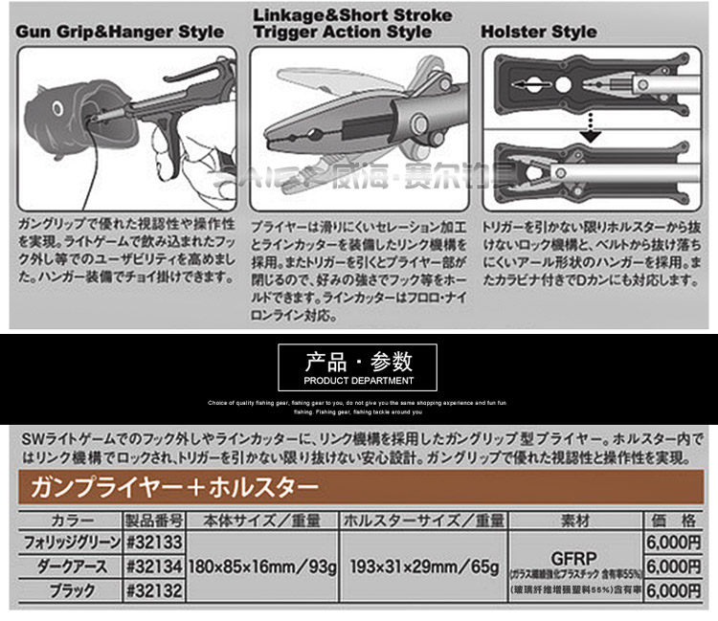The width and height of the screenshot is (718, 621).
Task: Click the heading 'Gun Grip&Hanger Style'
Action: [120, 30]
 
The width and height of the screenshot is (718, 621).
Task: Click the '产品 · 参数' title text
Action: [359, 362]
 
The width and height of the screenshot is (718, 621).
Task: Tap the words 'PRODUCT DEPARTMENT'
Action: [359, 380]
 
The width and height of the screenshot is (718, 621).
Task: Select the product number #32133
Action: [154, 542]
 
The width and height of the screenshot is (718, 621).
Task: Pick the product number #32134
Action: [154, 566]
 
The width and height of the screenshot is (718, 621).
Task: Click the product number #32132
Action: [154, 591]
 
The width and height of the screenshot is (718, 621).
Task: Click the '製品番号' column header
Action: [154, 521]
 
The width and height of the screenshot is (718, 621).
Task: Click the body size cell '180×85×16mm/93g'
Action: [263, 567]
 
